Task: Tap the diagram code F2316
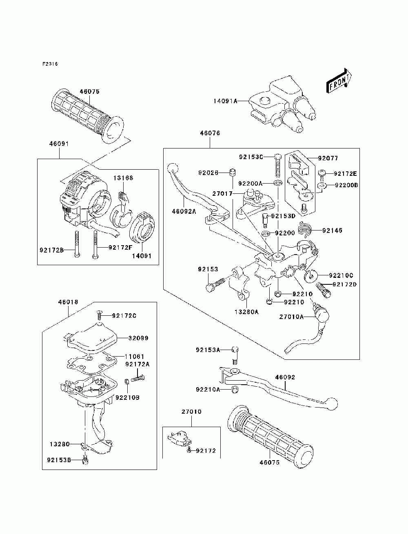coord(50,64)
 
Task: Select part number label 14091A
coord(225,101)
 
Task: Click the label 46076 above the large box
coord(210,133)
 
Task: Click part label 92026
coord(208,173)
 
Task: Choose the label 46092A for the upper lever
coord(184,211)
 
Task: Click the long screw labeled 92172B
coord(77,244)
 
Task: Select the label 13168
coord(123,178)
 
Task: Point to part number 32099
coord(138,338)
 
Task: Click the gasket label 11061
coord(134,357)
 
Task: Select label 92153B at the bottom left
coord(59,460)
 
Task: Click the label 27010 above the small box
coord(191,411)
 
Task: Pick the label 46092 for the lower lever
coord(285,377)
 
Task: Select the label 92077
coord(328,158)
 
